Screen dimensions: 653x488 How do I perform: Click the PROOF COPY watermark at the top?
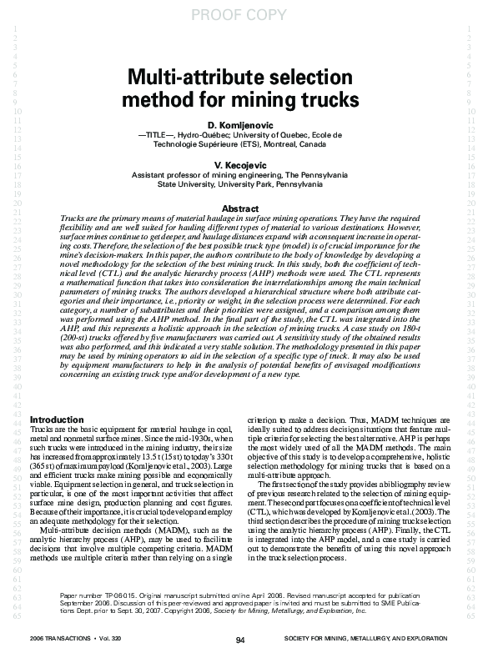[243, 12]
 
